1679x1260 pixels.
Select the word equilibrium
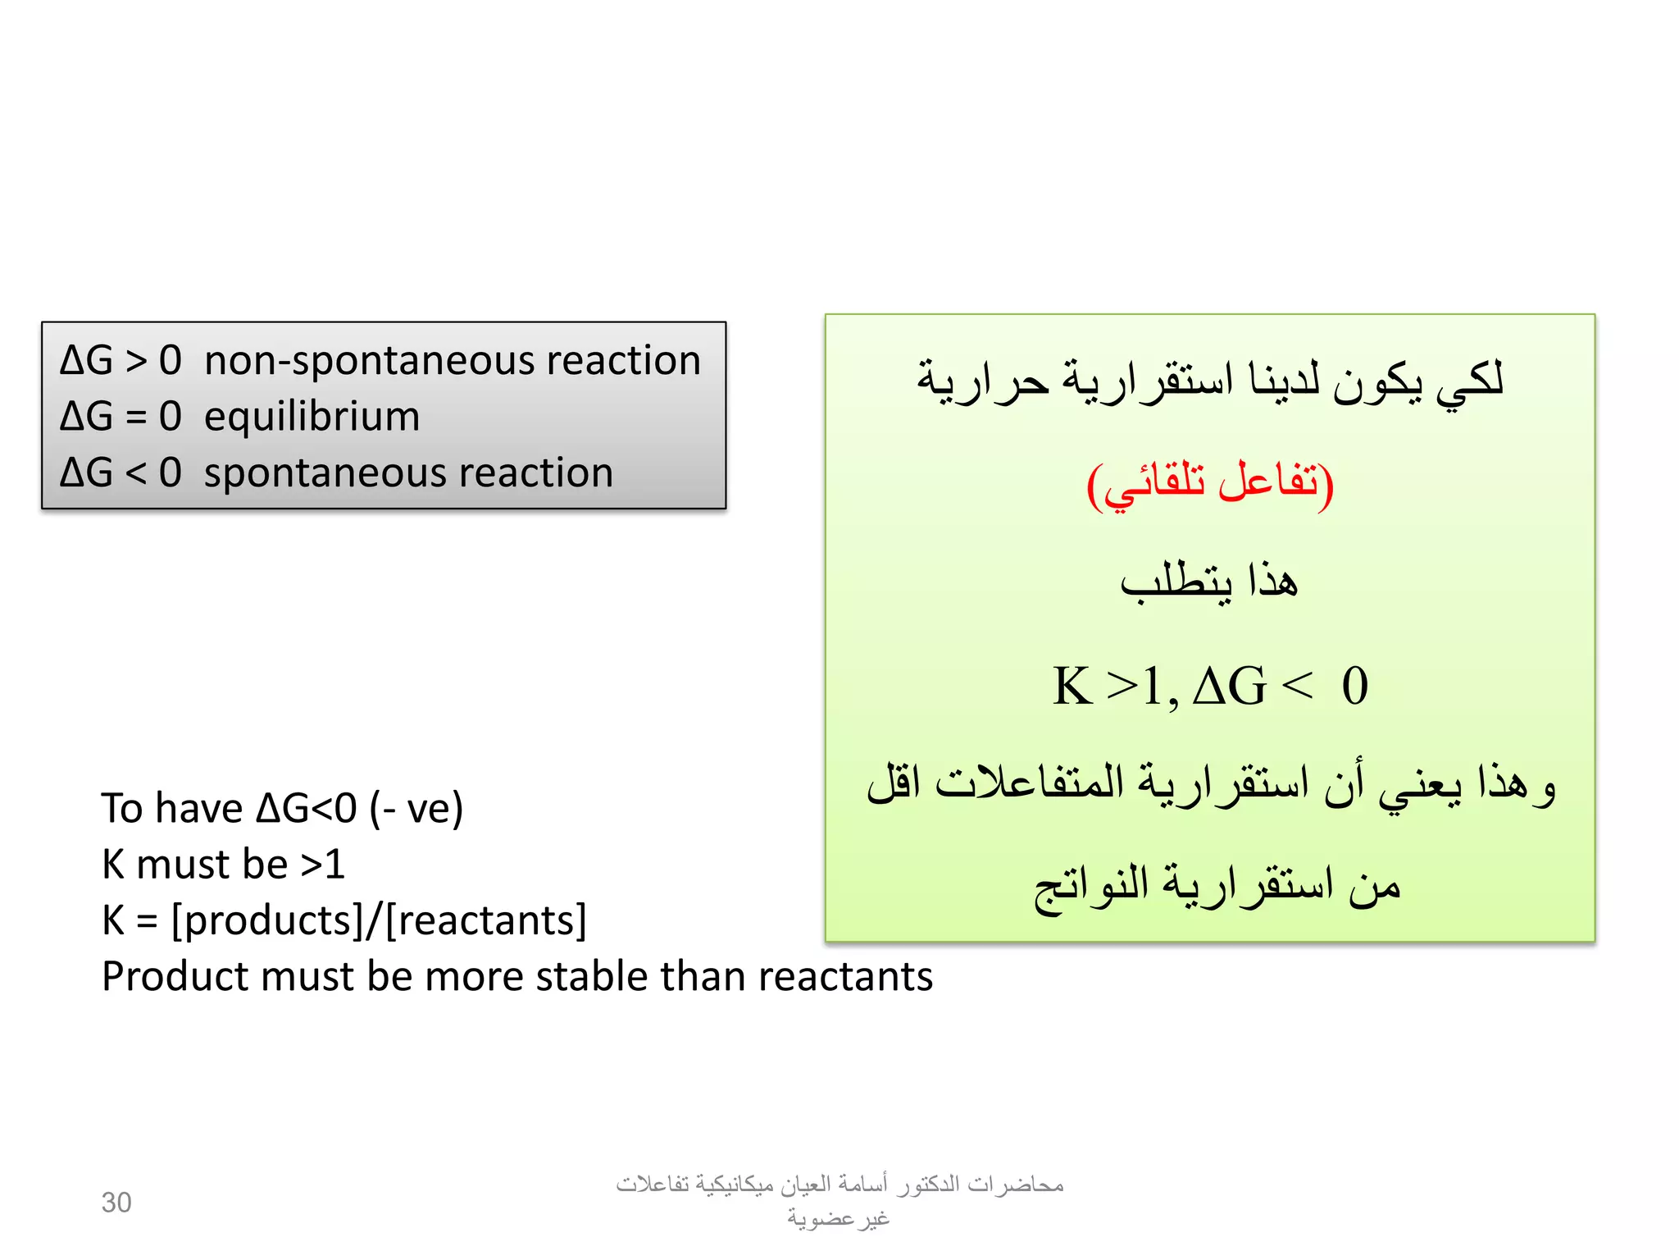point(312,417)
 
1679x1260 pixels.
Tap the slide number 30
point(116,1203)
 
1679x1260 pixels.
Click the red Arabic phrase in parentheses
point(1210,484)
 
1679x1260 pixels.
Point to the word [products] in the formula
point(267,921)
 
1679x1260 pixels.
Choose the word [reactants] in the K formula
point(486,921)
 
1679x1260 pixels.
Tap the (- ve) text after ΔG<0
point(416,809)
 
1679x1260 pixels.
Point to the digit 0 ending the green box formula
point(1354,686)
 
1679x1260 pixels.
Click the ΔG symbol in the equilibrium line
point(86,417)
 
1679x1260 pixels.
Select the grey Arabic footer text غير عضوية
point(839,1219)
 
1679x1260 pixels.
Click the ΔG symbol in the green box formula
point(1228,686)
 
